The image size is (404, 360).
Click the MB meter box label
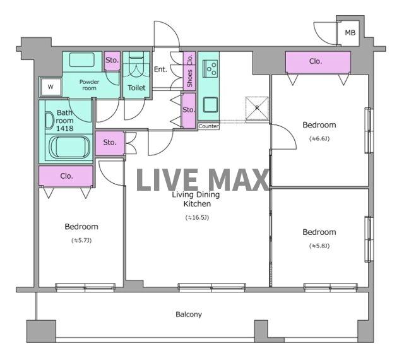coord(350,33)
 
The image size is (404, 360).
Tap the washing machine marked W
coord(50,87)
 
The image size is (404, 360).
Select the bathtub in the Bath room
coord(69,147)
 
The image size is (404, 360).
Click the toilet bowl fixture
coord(136,66)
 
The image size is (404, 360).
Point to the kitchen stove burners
coord(210,69)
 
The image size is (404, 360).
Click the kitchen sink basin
coord(210,104)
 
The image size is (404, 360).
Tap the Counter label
coord(208,126)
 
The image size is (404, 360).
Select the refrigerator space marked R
coord(257,108)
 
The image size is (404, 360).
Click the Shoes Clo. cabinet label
coord(189,70)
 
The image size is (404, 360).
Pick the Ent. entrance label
coord(160,69)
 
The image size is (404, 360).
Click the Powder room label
coord(89,85)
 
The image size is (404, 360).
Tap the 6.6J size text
coord(319,139)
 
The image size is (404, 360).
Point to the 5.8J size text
coord(319,246)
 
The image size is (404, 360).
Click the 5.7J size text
coord(81,241)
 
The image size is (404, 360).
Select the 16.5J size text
coord(197,218)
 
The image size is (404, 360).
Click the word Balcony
coord(189,315)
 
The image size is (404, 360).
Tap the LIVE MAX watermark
coord(202,180)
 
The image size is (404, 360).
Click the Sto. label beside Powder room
coord(112,61)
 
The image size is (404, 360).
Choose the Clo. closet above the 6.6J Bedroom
coord(318,62)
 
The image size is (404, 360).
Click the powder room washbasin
coord(82,59)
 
